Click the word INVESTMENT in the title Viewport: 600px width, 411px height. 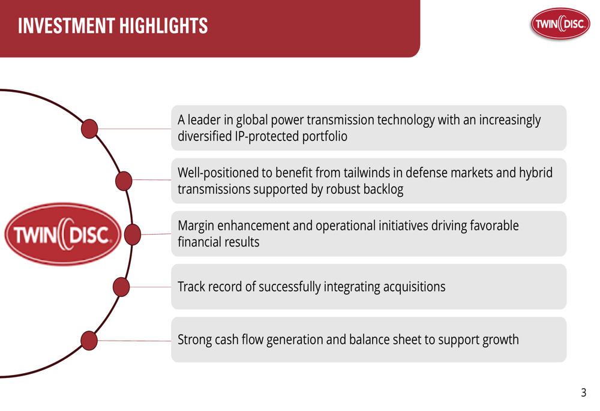pos(66,26)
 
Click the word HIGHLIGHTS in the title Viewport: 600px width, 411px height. pos(163,26)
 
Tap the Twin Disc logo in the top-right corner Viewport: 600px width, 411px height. pos(560,24)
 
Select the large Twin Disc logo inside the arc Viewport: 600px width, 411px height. pos(63,234)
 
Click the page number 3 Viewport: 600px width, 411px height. pos(583,392)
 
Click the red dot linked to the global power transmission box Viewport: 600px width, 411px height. pos(89,128)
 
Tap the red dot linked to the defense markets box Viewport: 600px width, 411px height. pos(124,181)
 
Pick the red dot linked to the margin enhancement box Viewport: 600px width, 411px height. pos(133,235)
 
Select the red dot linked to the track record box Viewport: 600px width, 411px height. pos(121,287)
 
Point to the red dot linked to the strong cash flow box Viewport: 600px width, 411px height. pos(89,341)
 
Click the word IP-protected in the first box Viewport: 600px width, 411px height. pos(267,137)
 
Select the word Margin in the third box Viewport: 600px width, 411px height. pos(196,226)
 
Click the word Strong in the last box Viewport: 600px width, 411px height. pos(195,340)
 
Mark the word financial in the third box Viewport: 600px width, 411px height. pos(199,242)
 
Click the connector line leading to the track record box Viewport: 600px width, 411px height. pos(151,287)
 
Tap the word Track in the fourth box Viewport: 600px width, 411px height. pos(191,287)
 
